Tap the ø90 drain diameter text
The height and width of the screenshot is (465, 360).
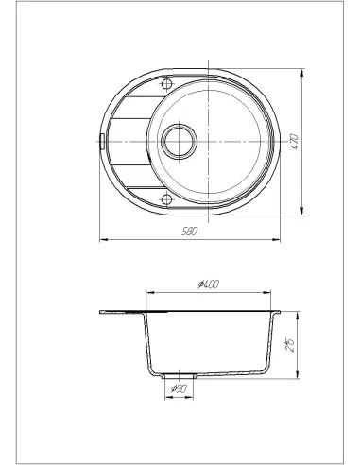tap(177, 388)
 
